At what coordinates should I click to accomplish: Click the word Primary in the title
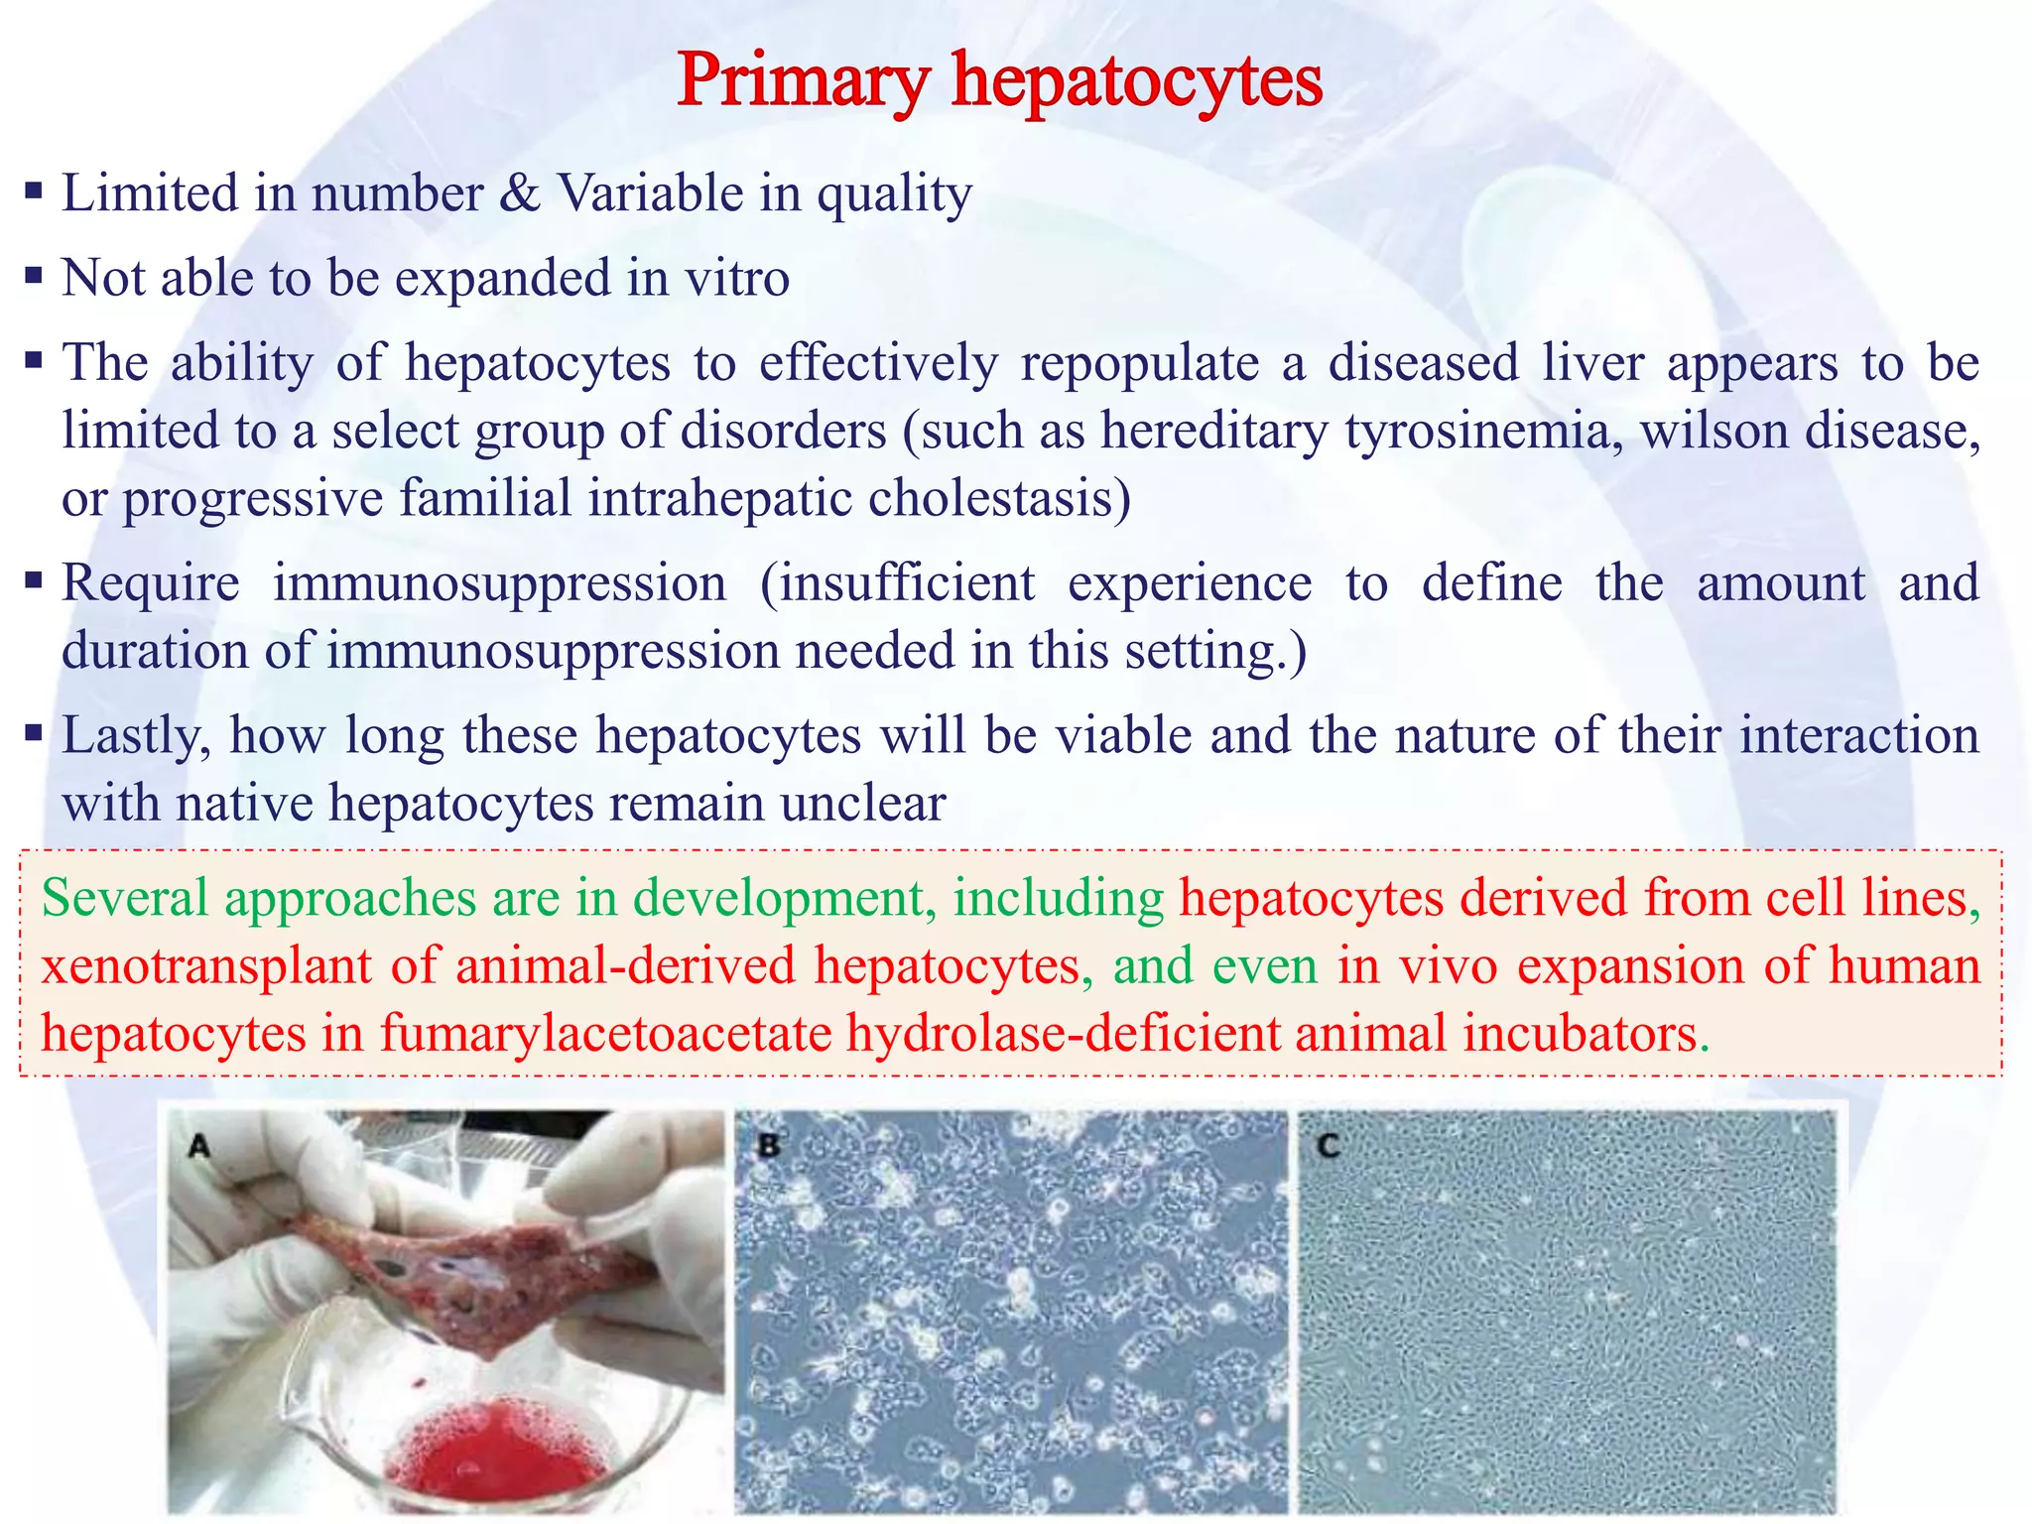tap(804, 81)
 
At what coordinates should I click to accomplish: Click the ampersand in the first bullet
tap(520, 193)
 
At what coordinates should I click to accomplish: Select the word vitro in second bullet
tap(736, 278)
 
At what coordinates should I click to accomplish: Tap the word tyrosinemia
tap(1483, 432)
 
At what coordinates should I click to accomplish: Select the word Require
tap(151, 583)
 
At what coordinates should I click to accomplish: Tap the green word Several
tap(125, 898)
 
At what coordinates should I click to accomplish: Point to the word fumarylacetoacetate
tap(605, 1034)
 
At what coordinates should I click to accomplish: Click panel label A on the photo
tap(199, 1147)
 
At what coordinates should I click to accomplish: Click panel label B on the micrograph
tap(767, 1147)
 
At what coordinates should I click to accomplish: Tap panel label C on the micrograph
tap(1330, 1147)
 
